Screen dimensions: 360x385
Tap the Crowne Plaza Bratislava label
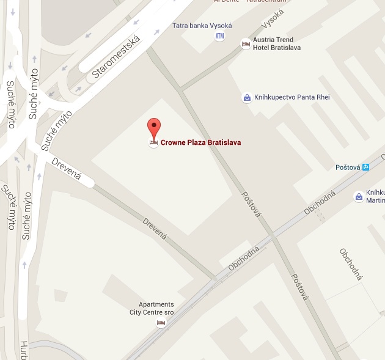pos(200,142)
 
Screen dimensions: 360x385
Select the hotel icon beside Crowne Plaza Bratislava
pos(154,142)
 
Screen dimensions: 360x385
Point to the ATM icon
pos(219,37)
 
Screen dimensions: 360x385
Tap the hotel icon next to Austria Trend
pos(246,44)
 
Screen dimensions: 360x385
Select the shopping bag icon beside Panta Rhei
pos(246,97)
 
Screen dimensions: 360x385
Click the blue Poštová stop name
pos(348,167)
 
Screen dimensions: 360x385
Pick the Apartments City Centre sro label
pos(156,309)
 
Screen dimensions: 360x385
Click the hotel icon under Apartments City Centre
pos(161,323)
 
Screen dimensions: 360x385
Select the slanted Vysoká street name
pos(273,18)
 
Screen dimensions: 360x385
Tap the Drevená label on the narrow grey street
pos(155,227)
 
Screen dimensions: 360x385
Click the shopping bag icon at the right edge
pos(359,196)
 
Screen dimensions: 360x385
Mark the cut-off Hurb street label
pos(24,350)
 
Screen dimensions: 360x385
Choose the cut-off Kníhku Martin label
pos(375,196)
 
